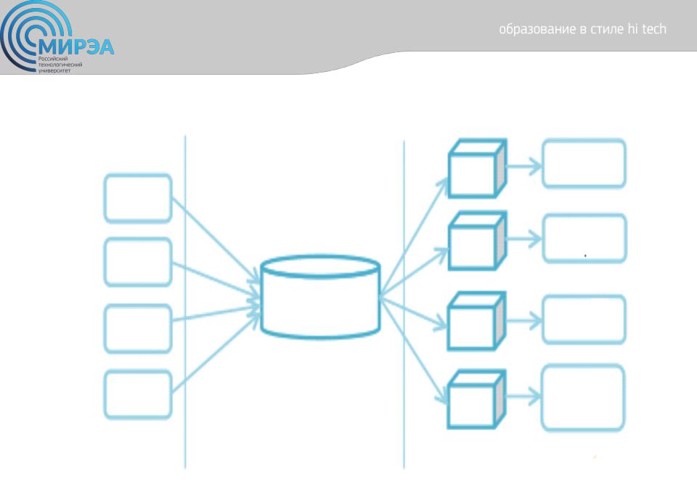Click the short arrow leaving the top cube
click(x=524, y=167)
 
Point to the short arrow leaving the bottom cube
click(x=523, y=396)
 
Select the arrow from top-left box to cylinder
click(x=216, y=240)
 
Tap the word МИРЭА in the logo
click(x=76, y=47)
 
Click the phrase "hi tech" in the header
click(x=647, y=29)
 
